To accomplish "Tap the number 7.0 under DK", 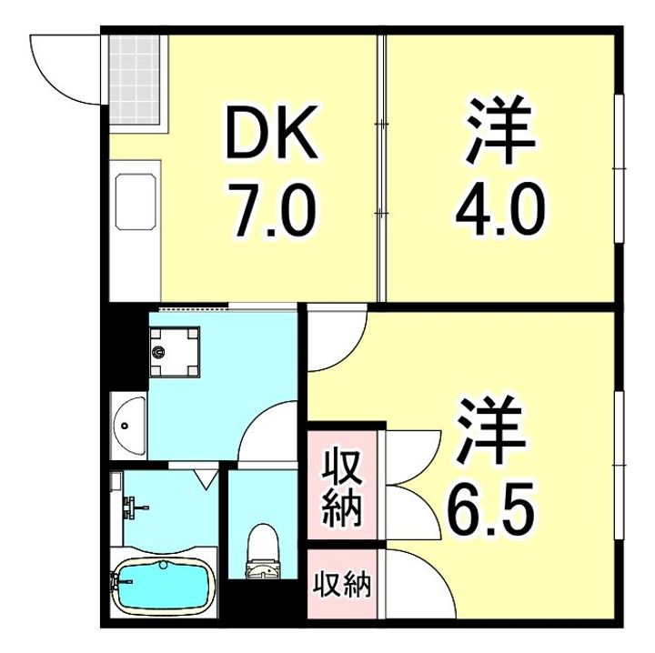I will point(274,211).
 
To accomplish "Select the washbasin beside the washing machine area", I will point(128,424).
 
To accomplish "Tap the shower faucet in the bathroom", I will point(133,507).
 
